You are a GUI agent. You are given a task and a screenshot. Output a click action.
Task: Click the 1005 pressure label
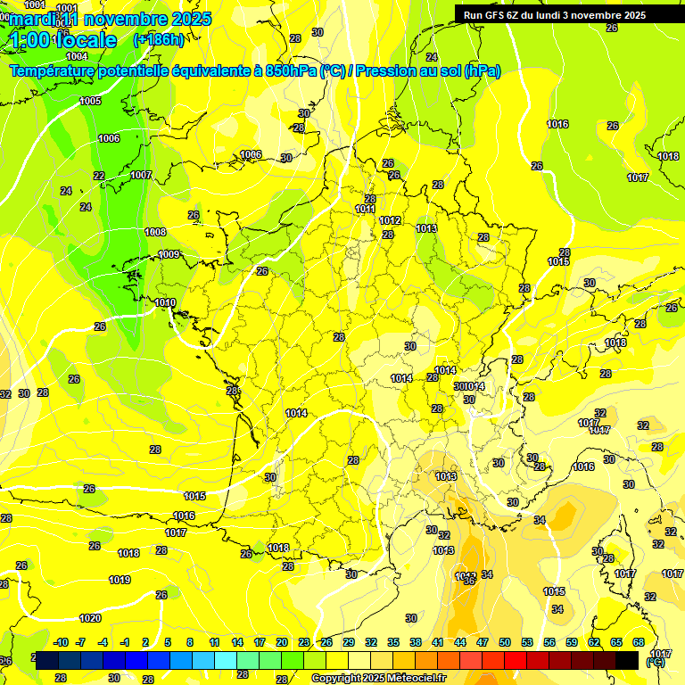(90, 102)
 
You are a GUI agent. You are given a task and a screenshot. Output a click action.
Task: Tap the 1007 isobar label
(141, 176)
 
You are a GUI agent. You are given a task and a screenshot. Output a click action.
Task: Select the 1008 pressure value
(155, 232)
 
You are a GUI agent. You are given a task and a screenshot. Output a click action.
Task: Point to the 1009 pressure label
(169, 255)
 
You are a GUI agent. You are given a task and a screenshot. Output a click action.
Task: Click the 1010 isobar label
(165, 303)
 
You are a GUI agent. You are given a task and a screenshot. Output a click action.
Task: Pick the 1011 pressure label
(365, 210)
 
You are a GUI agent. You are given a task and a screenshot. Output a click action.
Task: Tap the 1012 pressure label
(390, 221)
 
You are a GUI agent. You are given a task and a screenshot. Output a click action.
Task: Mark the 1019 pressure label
(120, 581)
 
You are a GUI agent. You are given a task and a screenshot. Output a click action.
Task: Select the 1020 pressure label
(90, 618)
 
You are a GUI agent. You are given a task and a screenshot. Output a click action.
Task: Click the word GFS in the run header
(498, 15)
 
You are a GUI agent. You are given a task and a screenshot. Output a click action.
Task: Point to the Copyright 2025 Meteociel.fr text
(378, 678)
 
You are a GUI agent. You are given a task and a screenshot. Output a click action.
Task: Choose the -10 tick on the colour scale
(61, 642)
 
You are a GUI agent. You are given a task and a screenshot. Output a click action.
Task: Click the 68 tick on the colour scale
(639, 642)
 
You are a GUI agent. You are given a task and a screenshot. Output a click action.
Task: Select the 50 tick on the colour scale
(505, 642)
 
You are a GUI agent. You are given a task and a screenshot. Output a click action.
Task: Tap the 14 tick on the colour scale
(237, 642)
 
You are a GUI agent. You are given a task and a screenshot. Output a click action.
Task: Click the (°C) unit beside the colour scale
(656, 662)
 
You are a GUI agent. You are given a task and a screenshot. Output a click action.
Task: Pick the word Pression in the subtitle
(390, 70)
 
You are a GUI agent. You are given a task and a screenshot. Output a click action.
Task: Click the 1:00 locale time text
(63, 40)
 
